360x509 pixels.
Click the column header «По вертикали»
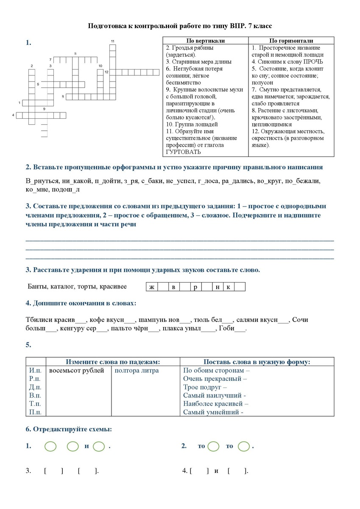coord(206,41)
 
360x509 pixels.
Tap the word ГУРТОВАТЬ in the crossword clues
coord(183,152)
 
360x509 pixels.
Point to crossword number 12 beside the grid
coord(106,72)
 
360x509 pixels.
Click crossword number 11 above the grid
coord(113,41)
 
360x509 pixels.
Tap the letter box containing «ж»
coord(151,287)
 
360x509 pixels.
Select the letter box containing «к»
coord(229,287)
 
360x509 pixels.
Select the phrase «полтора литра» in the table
coord(137,371)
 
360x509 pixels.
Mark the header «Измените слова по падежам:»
coord(113,362)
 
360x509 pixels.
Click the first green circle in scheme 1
coord(50,447)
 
